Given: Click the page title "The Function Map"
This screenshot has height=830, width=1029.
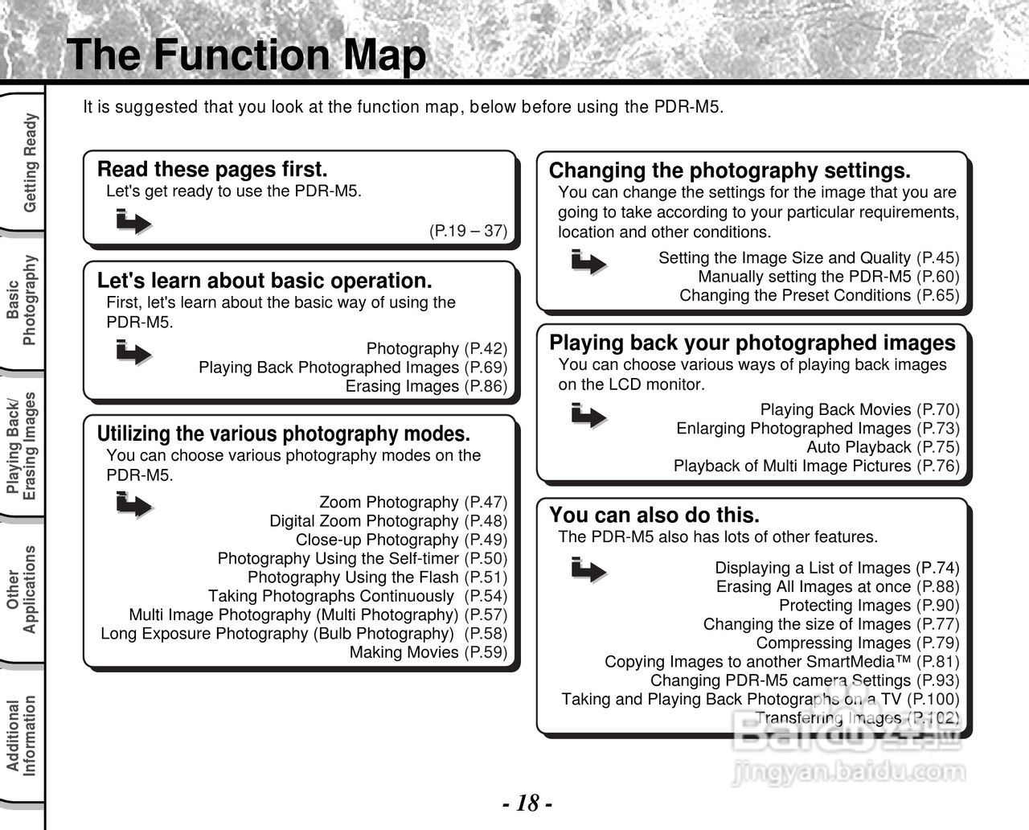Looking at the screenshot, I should (x=247, y=55).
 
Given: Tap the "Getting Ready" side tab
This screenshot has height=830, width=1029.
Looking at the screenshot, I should (x=30, y=163).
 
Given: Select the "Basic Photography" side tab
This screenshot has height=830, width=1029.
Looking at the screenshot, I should (x=23, y=301).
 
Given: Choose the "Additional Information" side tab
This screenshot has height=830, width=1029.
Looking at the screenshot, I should (x=22, y=736).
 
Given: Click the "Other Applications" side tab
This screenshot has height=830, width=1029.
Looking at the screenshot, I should (x=22, y=590).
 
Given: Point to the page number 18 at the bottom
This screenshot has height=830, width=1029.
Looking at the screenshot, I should (x=527, y=803).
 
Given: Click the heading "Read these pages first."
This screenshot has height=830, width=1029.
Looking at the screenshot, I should (x=212, y=170).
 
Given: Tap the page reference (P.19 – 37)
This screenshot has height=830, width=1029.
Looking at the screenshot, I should (x=468, y=231).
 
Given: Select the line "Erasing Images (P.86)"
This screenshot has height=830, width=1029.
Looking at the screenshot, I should (x=426, y=386).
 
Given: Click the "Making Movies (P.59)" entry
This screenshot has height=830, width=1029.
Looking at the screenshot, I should (x=428, y=652).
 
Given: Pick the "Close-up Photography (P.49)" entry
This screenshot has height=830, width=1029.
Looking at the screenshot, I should (x=401, y=540).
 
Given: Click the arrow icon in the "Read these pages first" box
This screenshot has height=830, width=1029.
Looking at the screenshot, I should (x=133, y=221).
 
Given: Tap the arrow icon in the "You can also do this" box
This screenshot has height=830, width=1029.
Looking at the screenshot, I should (x=588, y=569).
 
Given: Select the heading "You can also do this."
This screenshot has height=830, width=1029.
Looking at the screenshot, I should (x=654, y=515).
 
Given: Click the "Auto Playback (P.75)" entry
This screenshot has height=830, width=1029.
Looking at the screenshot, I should (x=883, y=447).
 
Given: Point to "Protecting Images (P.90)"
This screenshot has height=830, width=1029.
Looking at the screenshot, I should (x=868, y=606).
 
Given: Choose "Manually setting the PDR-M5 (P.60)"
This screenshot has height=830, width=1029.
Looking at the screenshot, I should (x=828, y=277).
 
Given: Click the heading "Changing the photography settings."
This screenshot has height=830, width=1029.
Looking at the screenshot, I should (x=729, y=171).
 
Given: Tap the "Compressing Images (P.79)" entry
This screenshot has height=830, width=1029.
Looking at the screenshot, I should (x=857, y=643).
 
